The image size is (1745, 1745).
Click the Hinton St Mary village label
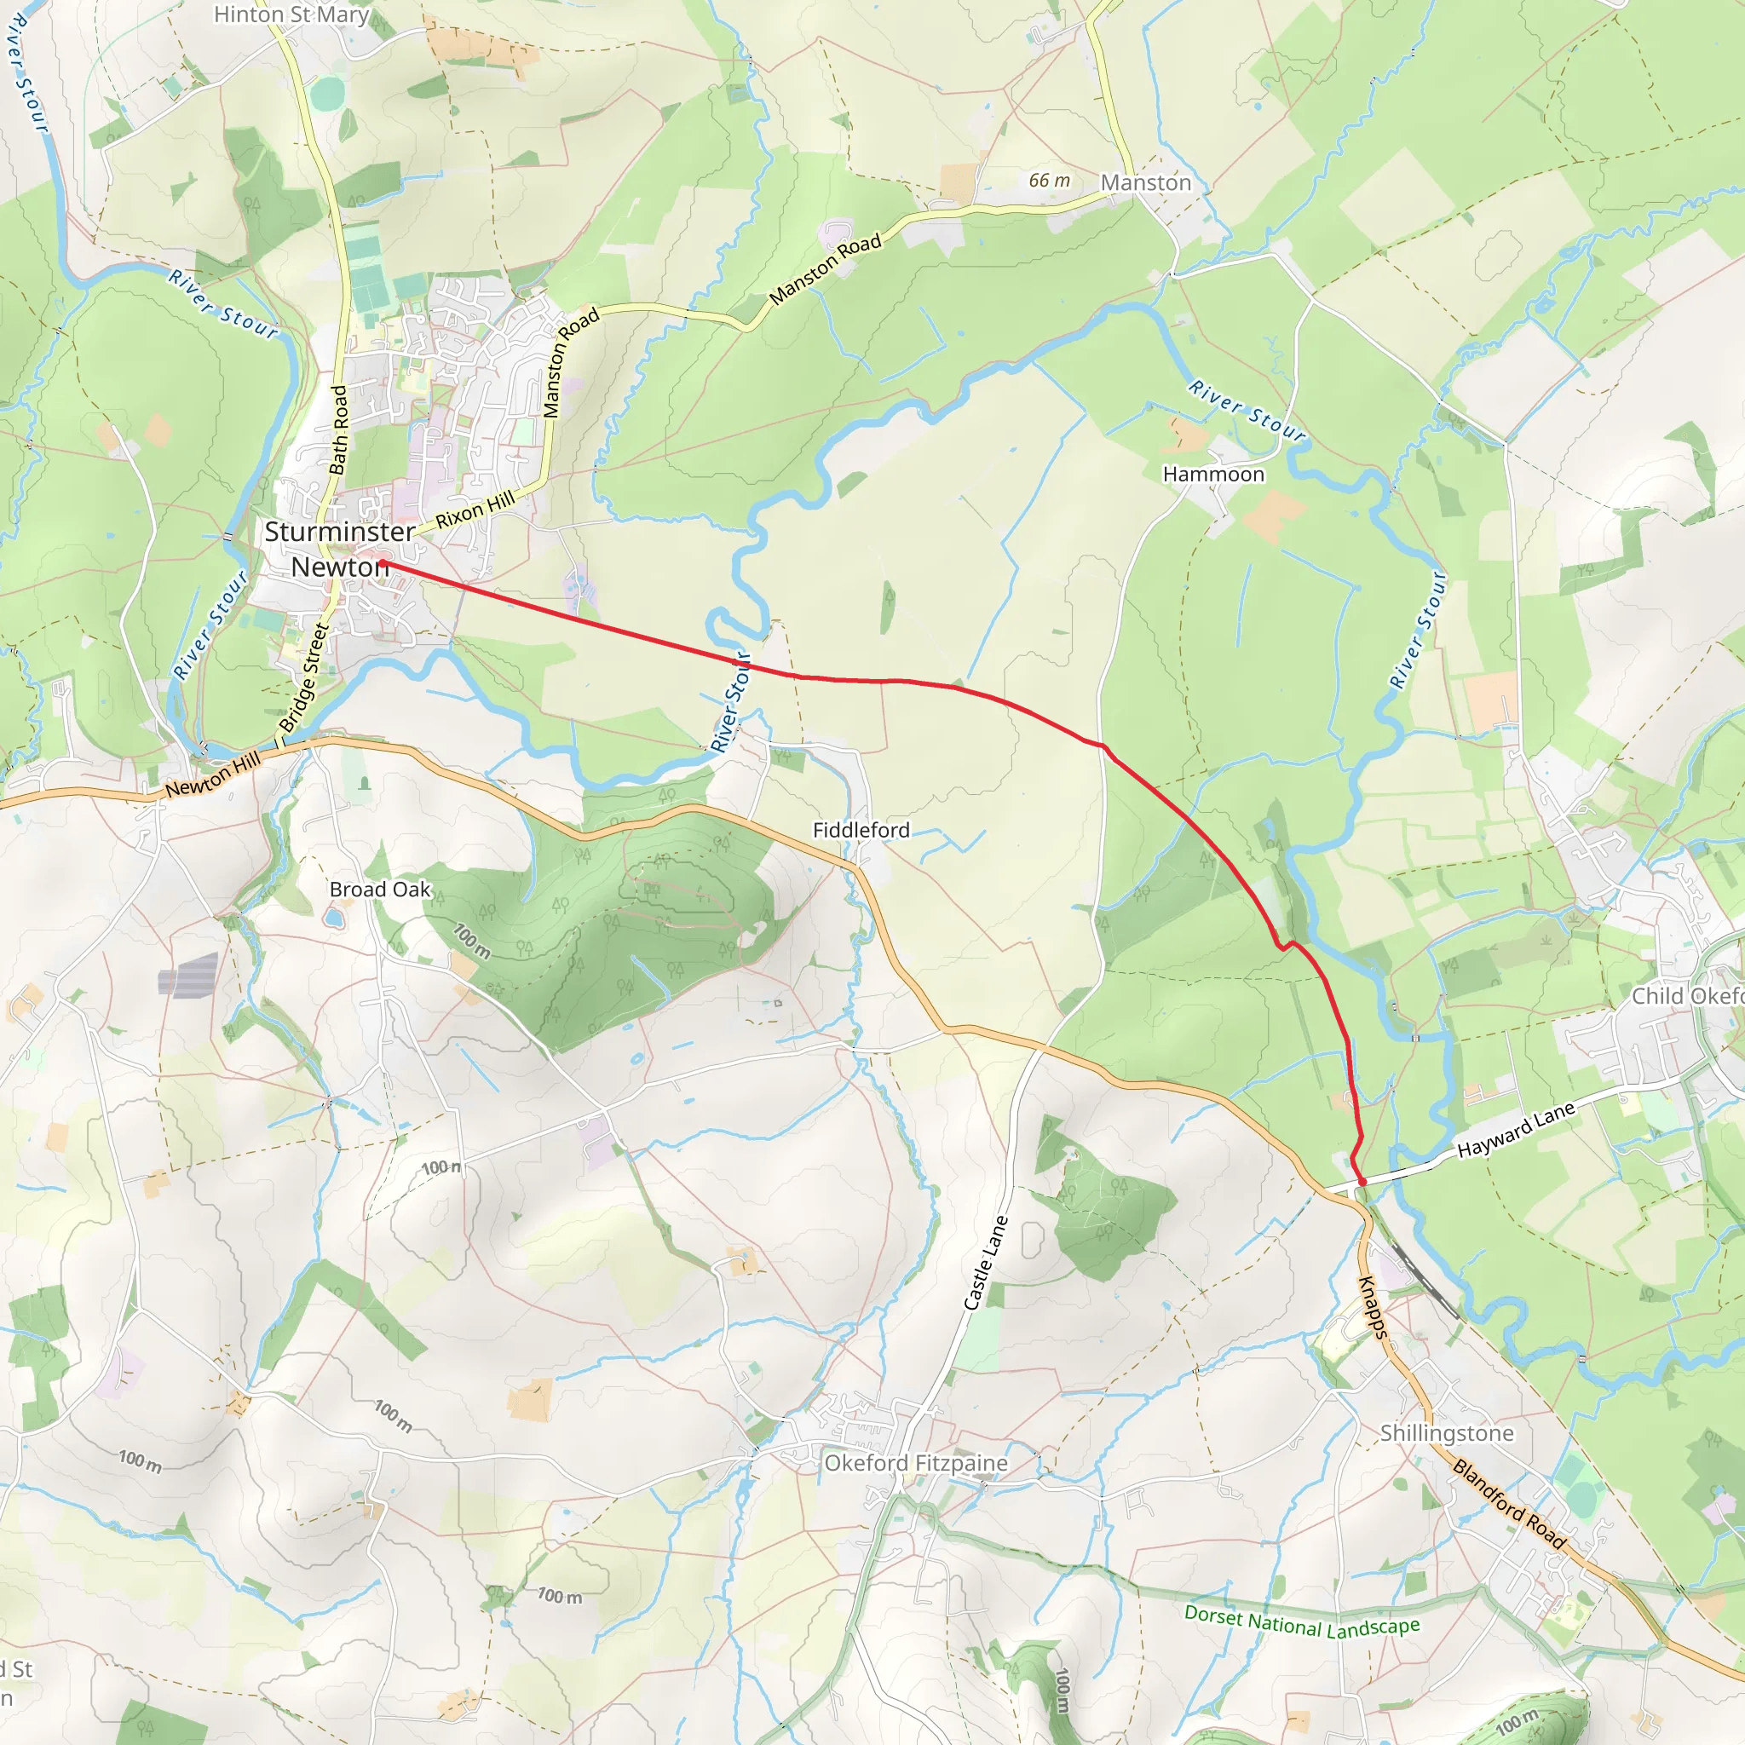click(x=291, y=15)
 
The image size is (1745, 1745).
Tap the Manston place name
click(x=1145, y=182)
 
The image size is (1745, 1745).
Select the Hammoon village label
click(x=1213, y=475)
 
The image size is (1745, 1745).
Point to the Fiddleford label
click(x=861, y=830)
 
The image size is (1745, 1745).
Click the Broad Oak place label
click(x=379, y=890)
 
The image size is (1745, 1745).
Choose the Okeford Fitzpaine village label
click(x=916, y=1463)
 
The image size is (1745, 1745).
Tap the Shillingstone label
click(x=1446, y=1433)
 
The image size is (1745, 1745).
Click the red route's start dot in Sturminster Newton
click(x=383, y=563)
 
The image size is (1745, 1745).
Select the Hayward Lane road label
click(x=1516, y=1130)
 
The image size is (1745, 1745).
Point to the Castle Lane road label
click(x=986, y=1263)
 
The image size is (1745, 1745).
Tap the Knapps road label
click(x=1372, y=1306)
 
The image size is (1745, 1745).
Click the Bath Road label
click(x=339, y=430)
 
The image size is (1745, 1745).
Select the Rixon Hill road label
click(x=475, y=510)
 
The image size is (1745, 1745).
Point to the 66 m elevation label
click(x=1049, y=181)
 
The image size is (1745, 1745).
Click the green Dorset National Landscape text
click(x=1302, y=1621)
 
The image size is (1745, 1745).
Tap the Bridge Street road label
click(x=304, y=677)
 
